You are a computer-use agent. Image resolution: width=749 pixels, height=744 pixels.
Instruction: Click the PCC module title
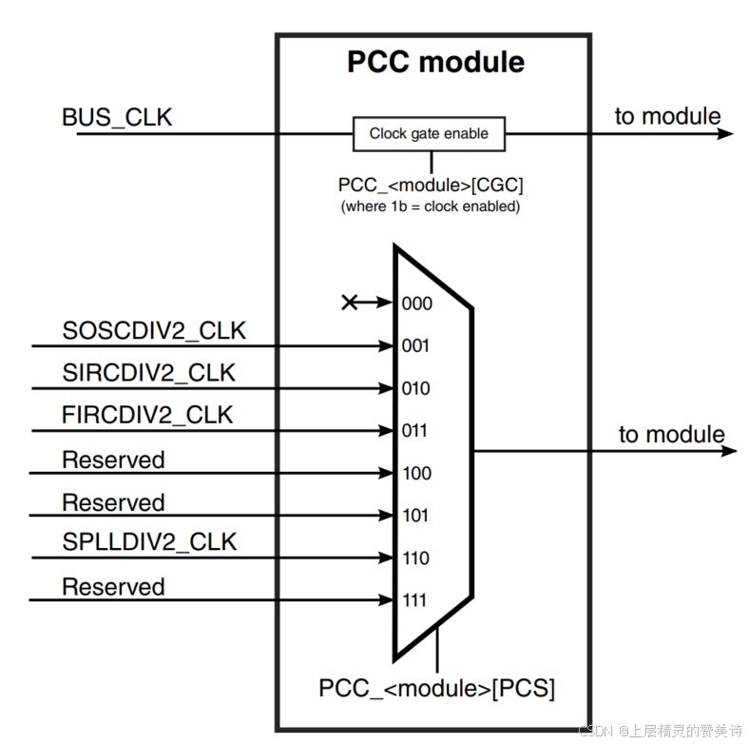[434, 62]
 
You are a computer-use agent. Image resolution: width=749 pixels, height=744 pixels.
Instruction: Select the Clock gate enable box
[429, 134]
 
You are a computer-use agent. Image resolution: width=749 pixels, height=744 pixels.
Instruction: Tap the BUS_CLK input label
[117, 117]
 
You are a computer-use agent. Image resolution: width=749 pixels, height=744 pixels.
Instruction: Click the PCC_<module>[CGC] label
[431, 185]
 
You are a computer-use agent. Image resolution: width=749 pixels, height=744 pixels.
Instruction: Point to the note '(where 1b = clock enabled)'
[431, 206]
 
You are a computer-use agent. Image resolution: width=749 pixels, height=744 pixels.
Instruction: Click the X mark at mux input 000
[350, 303]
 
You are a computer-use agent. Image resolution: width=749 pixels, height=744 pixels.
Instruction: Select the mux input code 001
[415, 346]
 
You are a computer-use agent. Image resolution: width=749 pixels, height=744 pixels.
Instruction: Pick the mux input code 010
[415, 388]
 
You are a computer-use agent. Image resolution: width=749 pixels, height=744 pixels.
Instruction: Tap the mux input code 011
[415, 431]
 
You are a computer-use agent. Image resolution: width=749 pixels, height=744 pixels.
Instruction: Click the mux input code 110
[415, 558]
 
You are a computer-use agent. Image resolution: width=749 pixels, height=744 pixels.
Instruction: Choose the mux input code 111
[415, 601]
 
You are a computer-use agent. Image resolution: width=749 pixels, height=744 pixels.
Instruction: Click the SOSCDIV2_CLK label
[154, 331]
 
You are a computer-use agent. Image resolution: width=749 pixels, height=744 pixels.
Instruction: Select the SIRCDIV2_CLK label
[148, 374]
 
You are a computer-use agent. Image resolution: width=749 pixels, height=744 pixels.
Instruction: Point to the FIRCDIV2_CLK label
[147, 416]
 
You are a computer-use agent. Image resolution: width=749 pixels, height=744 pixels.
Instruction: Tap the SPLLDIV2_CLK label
[149, 542]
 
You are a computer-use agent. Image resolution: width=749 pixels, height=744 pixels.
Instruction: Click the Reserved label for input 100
[113, 460]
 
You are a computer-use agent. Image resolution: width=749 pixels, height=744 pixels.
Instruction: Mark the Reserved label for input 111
[113, 586]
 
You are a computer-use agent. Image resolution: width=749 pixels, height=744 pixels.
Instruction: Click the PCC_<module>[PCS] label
[436, 688]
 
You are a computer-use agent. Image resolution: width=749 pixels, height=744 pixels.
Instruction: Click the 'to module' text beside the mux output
[671, 435]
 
